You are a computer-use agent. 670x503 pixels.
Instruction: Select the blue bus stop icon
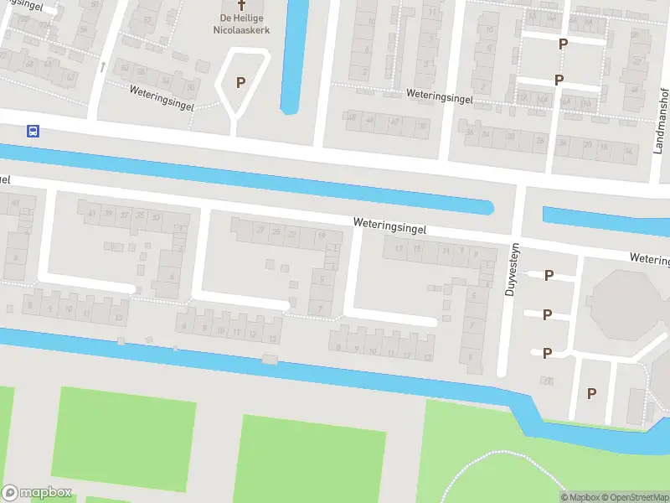click(x=33, y=131)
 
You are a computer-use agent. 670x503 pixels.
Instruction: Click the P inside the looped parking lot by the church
click(x=240, y=82)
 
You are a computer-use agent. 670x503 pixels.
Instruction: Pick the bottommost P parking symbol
click(x=591, y=393)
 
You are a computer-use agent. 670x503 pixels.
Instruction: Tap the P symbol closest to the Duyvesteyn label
click(x=549, y=275)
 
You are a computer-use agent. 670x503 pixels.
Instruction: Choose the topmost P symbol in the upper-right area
click(x=563, y=44)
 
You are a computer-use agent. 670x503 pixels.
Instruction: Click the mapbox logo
click(x=37, y=493)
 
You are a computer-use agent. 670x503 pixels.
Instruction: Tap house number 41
click(x=91, y=214)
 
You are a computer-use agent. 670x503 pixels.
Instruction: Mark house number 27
click(x=260, y=230)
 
